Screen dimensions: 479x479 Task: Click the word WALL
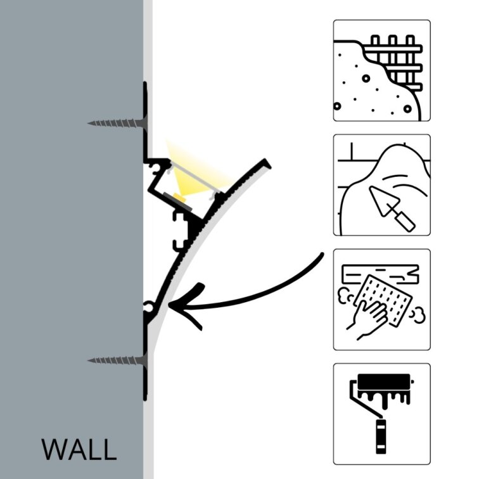(x=79, y=449)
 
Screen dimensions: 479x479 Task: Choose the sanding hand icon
(x=381, y=299)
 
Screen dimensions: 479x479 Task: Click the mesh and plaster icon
(x=381, y=70)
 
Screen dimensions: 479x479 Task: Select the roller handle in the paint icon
(x=381, y=437)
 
